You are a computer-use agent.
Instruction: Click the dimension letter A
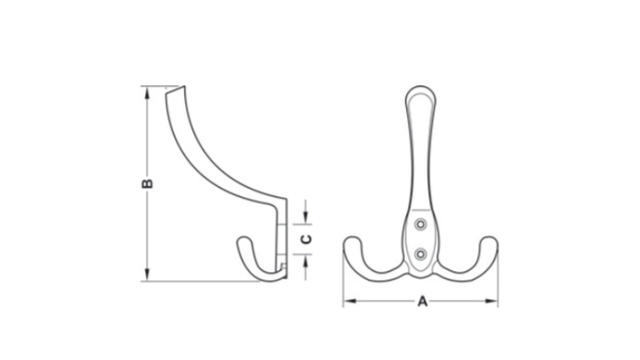tap(423, 302)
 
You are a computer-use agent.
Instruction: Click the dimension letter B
tap(147, 183)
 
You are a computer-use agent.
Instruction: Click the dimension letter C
tap(306, 239)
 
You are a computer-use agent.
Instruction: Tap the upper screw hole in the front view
tap(421, 224)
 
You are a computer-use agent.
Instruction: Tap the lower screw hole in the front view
tap(421, 254)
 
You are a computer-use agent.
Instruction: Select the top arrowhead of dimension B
tap(147, 93)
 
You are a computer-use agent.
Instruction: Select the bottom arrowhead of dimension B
tap(147, 275)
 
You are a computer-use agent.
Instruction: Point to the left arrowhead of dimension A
tap(350, 301)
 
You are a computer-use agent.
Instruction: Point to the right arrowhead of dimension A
tap(491, 301)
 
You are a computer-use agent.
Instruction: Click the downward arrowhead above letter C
tap(306, 217)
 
